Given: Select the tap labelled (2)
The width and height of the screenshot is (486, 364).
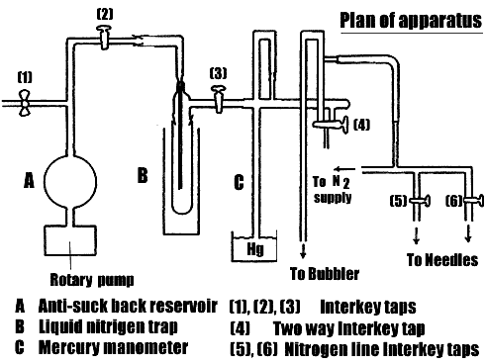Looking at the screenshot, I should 104,37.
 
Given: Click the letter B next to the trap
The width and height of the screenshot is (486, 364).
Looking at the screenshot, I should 143,176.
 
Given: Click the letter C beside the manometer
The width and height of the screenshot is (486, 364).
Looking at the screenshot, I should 238,181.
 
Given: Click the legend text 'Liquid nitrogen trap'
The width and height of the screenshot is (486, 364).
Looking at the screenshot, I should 109,325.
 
